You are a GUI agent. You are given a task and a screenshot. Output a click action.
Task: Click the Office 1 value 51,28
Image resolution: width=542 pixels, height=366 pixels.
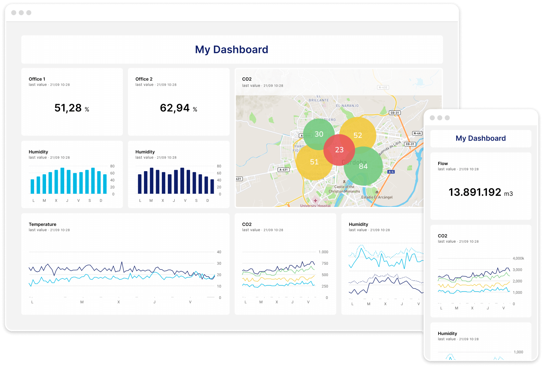click(x=68, y=108)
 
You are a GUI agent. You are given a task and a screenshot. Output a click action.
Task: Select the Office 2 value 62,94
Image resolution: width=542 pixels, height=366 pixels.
click(x=175, y=108)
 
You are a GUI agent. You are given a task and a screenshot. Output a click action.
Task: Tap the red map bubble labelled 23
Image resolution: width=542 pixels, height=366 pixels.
click(x=339, y=150)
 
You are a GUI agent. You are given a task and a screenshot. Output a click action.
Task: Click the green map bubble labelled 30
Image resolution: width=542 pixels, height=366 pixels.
click(x=319, y=134)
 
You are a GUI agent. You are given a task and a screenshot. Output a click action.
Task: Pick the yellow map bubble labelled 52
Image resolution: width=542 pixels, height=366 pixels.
click(x=358, y=135)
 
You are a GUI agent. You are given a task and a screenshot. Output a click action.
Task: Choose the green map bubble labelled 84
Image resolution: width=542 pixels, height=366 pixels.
click(x=363, y=166)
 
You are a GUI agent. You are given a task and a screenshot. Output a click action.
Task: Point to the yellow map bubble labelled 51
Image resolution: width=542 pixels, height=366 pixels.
click(x=314, y=162)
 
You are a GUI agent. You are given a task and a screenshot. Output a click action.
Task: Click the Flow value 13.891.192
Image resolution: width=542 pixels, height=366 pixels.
click(x=475, y=192)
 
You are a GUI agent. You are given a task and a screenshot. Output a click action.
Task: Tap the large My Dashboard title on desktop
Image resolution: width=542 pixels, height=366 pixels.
click(x=232, y=49)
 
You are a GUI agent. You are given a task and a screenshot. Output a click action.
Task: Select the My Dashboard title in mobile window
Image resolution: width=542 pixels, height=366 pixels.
click(x=480, y=138)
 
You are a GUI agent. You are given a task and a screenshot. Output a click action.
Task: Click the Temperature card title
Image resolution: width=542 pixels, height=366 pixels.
click(x=43, y=224)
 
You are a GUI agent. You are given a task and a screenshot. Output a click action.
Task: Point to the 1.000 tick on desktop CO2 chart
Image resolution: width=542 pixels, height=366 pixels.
click(x=323, y=252)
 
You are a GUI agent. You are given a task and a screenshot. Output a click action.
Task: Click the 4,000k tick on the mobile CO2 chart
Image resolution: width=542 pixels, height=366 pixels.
click(x=518, y=258)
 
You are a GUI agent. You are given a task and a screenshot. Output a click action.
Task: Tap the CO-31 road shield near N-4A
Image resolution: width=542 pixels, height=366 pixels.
click(x=410, y=144)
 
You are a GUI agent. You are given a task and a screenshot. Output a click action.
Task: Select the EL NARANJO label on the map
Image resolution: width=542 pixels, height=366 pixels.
click(x=347, y=106)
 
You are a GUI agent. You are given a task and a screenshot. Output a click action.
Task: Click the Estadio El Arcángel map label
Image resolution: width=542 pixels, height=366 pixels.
click(x=377, y=197)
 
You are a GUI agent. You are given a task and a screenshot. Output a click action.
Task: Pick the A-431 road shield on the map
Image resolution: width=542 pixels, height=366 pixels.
click(x=284, y=169)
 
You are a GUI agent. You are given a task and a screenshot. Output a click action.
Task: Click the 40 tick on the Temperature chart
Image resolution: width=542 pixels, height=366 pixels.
click(x=219, y=252)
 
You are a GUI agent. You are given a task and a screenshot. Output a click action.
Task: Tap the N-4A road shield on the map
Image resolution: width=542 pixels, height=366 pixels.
click(x=417, y=133)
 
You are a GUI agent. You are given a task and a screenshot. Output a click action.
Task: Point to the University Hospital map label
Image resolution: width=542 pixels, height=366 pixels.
click(x=315, y=206)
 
